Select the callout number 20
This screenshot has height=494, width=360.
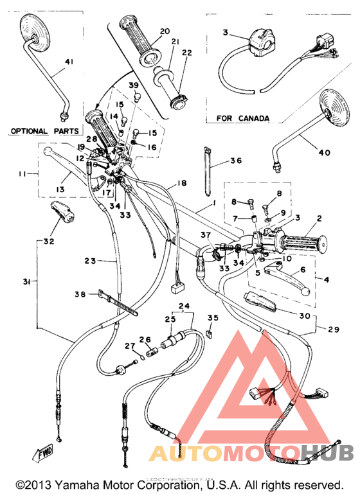164,31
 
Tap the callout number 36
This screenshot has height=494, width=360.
235,162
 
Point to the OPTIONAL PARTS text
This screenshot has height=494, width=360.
44,131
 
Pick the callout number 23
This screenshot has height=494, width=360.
91,261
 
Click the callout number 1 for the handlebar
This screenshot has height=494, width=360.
213,208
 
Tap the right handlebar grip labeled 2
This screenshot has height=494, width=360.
302,243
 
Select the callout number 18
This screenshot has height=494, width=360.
182,184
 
